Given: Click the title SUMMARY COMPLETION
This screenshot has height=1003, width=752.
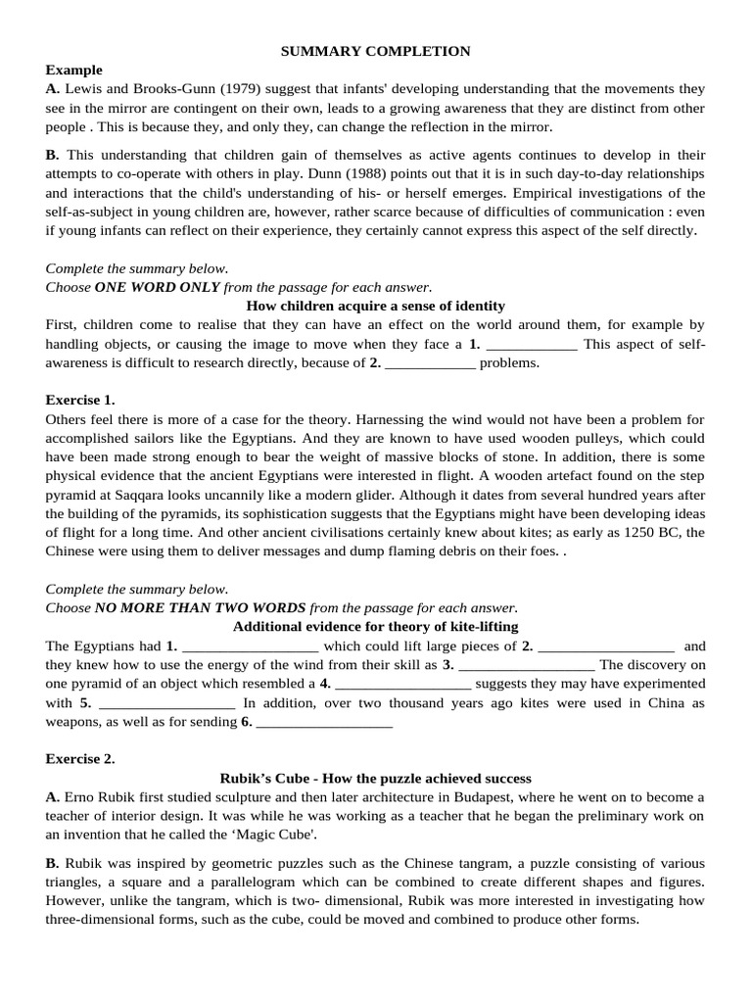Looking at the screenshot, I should [x=376, y=51].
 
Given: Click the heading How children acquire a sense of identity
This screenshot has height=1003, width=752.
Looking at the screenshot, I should [x=376, y=306].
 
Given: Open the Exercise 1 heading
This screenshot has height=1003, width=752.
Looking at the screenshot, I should [x=80, y=400].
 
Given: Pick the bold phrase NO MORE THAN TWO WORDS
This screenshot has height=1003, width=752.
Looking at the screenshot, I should [x=200, y=607].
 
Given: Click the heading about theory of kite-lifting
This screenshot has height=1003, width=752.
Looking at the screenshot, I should [x=376, y=627].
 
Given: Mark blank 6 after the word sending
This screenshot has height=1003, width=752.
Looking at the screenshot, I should [x=323, y=723].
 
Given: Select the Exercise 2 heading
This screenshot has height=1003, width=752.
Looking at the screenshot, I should [x=80, y=759].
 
